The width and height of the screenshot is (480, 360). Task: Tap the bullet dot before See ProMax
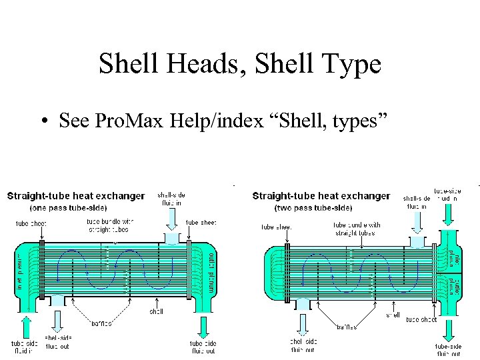[x=43, y=122]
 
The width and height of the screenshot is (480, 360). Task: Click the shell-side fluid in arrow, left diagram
[x=172, y=217]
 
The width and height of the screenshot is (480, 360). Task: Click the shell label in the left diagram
[x=156, y=311]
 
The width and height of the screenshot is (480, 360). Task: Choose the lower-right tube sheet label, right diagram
[x=421, y=319]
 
